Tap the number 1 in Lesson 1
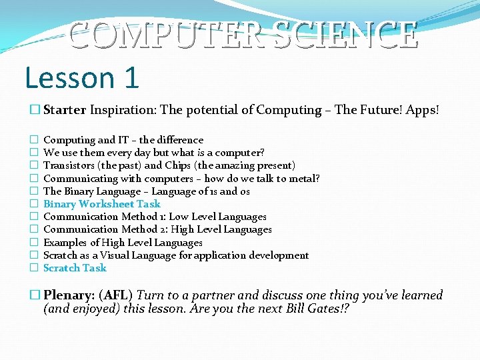[130, 78]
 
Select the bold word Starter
[65, 110]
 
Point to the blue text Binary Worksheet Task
[101, 204]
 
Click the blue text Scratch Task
[75, 268]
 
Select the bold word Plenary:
[69, 295]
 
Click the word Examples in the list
[65, 243]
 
